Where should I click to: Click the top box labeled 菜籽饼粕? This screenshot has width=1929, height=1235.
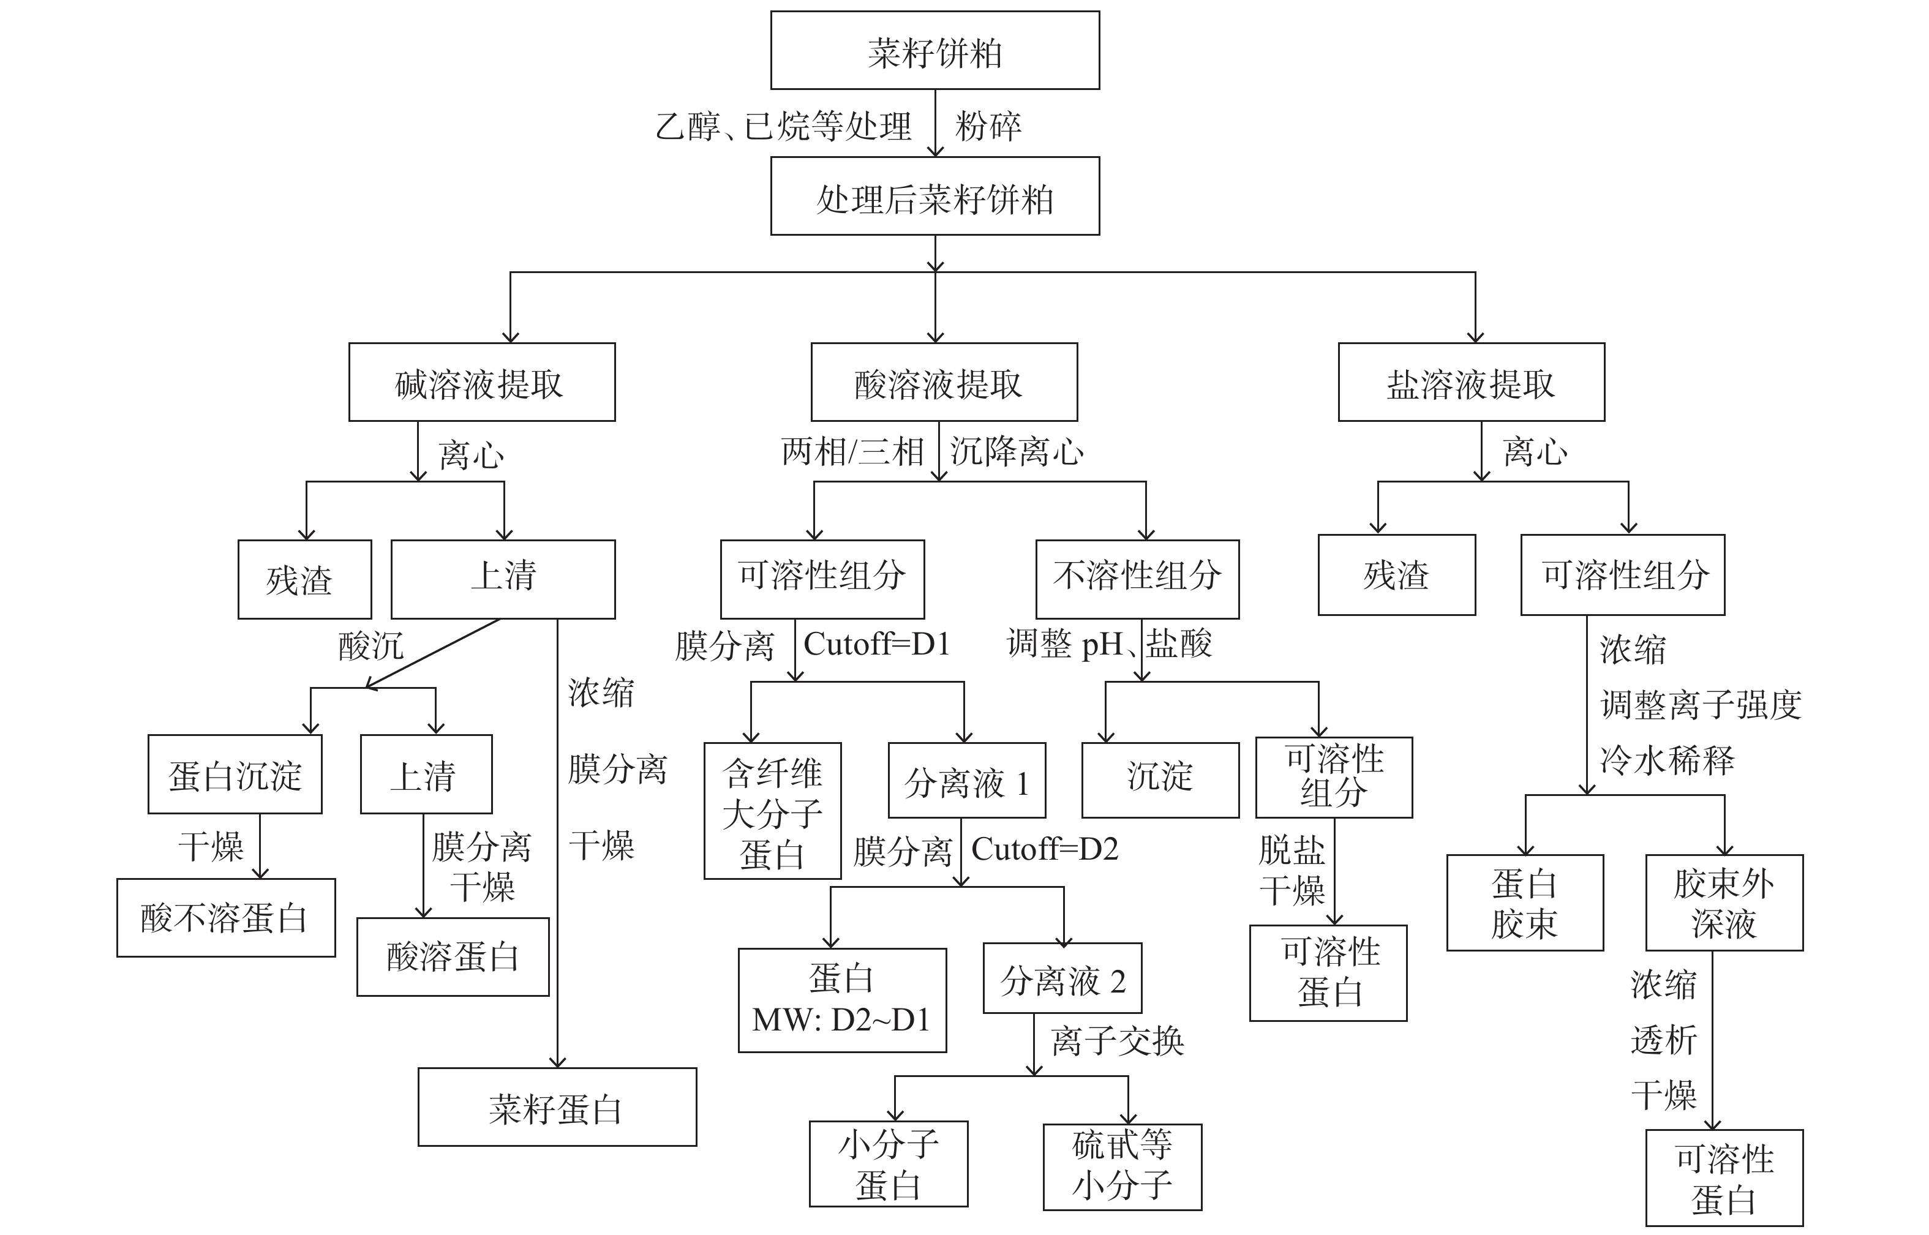(x=934, y=51)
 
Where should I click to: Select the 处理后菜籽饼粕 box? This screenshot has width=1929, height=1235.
(x=934, y=197)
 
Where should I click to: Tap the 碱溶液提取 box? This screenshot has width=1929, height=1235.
(x=481, y=383)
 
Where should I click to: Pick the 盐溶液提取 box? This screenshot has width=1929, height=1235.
(x=1470, y=383)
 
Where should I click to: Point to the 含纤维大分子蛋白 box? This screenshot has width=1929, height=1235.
(x=772, y=811)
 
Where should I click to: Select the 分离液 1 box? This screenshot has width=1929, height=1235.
(x=966, y=780)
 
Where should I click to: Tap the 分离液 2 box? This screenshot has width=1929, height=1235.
(x=1062, y=978)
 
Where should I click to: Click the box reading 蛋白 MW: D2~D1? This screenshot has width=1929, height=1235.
(x=841, y=1000)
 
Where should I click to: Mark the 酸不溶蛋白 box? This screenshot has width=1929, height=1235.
(x=225, y=917)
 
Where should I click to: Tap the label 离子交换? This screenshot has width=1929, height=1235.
(x=1118, y=1041)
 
